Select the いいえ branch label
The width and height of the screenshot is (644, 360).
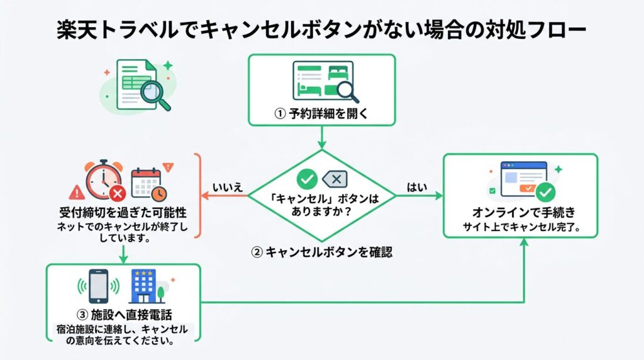click(x=228, y=187)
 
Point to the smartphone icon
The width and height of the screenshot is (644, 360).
click(x=98, y=286)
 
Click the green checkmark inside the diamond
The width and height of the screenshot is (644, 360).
click(x=306, y=179)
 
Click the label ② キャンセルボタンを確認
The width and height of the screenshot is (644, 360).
click(x=321, y=252)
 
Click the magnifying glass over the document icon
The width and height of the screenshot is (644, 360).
click(x=155, y=95)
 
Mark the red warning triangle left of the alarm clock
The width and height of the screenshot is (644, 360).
click(x=77, y=190)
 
